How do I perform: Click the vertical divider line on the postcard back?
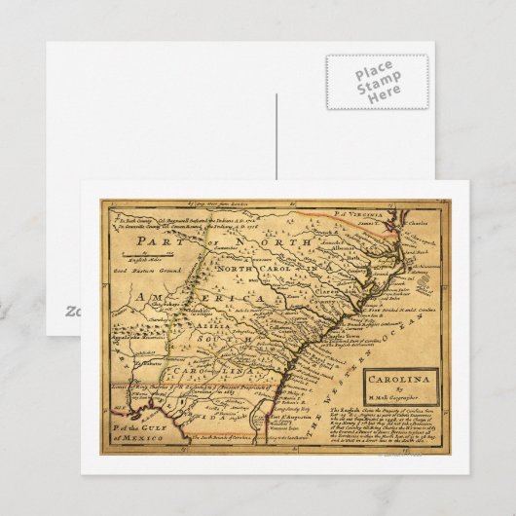[x=276, y=136]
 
